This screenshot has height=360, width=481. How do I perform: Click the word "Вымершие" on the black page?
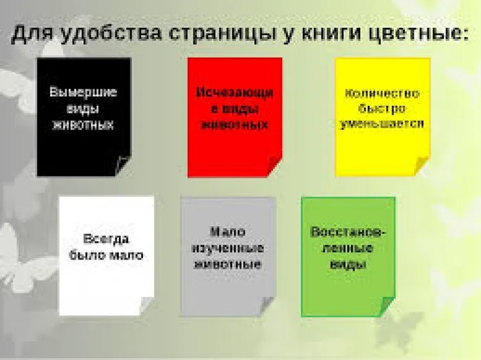(x=83, y=91)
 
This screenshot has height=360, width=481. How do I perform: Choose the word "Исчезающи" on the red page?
(x=234, y=91)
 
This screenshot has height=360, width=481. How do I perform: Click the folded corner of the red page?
(x=274, y=166)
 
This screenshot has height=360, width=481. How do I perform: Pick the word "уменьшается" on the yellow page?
(x=382, y=124)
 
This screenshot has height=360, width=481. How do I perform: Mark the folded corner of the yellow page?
(x=422, y=165)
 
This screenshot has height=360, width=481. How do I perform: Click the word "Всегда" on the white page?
(x=106, y=239)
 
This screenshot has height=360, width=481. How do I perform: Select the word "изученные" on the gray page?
(x=227, y=248)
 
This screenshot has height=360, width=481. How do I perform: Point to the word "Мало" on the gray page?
(x=227, y=232)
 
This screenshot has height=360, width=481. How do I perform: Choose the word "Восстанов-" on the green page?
(x=348, y=232)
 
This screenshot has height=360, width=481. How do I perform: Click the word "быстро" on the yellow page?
(x=382, y=109)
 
